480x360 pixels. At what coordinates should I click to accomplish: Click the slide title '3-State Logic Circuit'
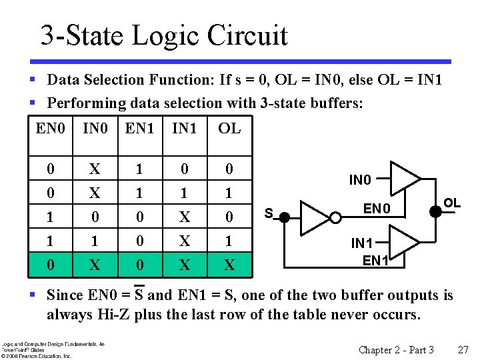[x=163, y=35]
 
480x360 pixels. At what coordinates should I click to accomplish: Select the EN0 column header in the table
[x=51, y=128]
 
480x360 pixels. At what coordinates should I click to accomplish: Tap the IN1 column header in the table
[x=184, y=128]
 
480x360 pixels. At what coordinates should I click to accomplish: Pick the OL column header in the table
[x=229, y=128]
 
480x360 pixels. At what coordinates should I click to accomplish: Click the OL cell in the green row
[x=229, y=265]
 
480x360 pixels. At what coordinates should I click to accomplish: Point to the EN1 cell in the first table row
[x=139, y=169]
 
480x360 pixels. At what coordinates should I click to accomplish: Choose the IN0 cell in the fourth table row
[x=95, y=241]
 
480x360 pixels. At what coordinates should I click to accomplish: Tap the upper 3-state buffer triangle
[x=403, y=177]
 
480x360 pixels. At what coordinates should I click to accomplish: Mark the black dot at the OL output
[x=437, y=211]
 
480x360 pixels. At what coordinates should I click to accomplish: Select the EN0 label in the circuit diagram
[x=377, y=209]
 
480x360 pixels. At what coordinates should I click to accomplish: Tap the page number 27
[x=463, y=350]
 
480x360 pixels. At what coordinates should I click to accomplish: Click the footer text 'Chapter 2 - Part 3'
[x=396, y=350]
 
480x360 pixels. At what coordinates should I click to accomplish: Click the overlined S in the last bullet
[x=139, y=295]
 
